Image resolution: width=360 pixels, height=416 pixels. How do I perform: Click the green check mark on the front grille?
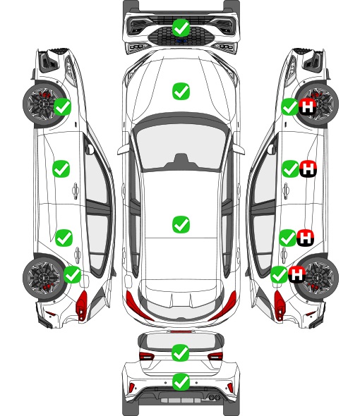pos(181,27)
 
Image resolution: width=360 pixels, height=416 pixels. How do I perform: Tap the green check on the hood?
pos(181,91)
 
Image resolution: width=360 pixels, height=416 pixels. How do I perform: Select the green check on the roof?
pos(181,224)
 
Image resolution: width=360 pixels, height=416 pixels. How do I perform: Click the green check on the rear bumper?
pos(181,382)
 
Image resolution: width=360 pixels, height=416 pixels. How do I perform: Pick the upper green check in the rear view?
pos(181,353)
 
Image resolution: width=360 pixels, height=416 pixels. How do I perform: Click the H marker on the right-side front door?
pos(308,169)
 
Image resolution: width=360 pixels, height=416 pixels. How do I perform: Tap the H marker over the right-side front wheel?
pos(307,107)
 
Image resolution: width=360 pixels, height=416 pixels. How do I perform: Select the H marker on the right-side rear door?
pos(305,238)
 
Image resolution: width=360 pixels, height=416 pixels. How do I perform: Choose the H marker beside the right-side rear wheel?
pos(296,274)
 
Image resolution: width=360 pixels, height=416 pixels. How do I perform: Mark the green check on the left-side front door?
pos(61,169)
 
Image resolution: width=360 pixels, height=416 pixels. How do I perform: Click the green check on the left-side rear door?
pos(64,238)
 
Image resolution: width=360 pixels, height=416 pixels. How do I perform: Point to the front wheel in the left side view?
pos(44,104)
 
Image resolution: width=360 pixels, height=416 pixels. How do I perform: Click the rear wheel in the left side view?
pos(44,278)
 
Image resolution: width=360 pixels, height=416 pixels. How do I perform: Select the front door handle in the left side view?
pos(76,190)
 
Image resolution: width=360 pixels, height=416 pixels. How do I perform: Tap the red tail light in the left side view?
pos(82,305)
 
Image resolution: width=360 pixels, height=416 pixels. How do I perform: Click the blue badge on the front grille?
pos(181,41)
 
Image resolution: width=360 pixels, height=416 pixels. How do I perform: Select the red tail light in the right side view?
pos(279,305)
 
